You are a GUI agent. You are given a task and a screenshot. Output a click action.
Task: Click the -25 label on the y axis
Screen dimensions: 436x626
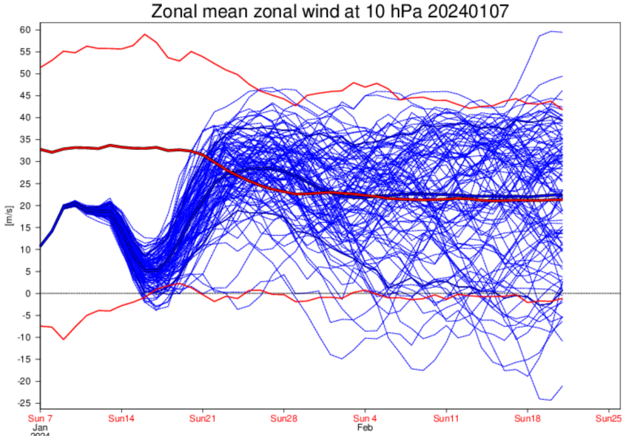tap(26, 403)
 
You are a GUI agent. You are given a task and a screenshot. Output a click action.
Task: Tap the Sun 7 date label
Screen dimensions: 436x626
tap(40, 419)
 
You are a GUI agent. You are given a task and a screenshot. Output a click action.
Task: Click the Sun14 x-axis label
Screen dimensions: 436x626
tap(121, 419)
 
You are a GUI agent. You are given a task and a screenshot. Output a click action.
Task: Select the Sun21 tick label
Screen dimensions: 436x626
tap(202, 419)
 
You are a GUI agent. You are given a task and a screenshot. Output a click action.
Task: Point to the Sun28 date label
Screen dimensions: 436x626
tap(284, 419)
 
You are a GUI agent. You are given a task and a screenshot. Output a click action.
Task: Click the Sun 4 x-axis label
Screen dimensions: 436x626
tap(365, 419)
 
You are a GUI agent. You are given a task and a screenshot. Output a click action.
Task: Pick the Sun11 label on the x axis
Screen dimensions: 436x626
tap(446, 419)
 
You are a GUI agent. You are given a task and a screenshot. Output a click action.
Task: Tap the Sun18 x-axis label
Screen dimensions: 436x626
tap(528, 419)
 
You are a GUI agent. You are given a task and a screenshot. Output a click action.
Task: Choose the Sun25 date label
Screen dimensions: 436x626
tap(609, 419)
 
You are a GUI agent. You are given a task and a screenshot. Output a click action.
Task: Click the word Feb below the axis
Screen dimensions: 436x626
tap(364, 428)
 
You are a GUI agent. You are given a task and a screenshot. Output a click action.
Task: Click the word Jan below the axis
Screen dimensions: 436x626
tap(39, 428)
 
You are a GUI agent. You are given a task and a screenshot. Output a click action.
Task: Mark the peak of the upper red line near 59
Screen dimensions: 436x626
tap(145, 34)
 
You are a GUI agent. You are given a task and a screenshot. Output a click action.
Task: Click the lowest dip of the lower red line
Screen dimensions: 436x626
tap(63, 339)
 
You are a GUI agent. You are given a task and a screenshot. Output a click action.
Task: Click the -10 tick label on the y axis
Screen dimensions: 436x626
tap(26, 338)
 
